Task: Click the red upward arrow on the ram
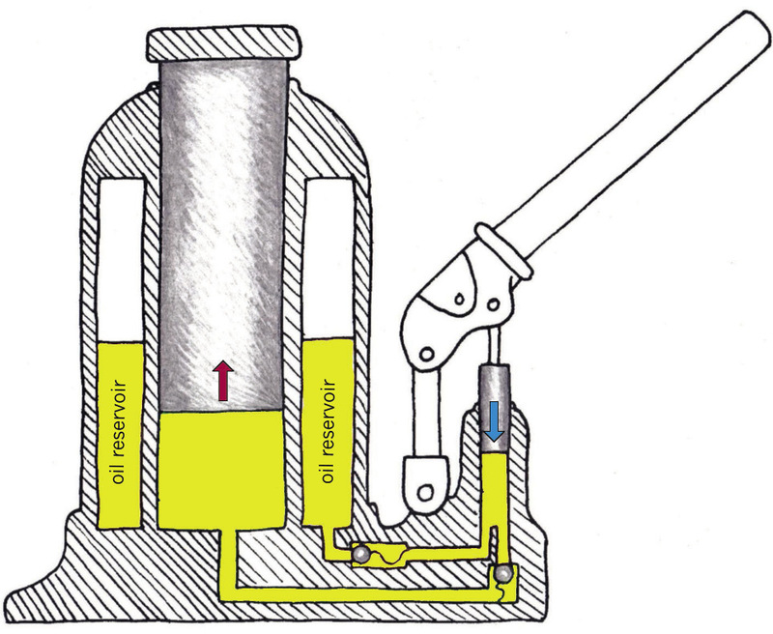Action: [x=223, y=380]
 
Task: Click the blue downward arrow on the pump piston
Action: [x=494, y=421]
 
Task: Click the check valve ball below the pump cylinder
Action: [x=502, y=574]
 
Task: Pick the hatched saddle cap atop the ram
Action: [x=223, y=44]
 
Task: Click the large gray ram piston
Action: [x=223, y=237]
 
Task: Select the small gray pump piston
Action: [x=494, y=408]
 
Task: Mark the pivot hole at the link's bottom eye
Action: [x=425, y=491]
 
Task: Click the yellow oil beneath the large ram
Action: [x=222, y=470]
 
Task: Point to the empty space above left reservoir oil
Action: [x=121, y=260]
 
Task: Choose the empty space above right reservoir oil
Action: [x=329, y=258]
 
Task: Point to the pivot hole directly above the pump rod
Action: [x=493, y=305]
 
